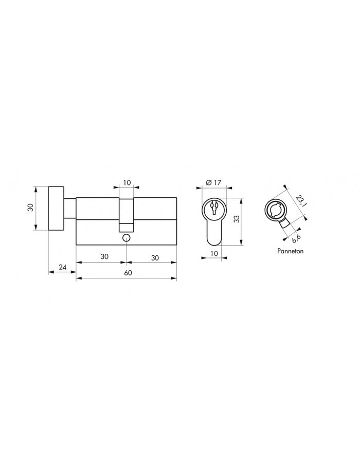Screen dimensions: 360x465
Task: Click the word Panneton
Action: tap(290, 251)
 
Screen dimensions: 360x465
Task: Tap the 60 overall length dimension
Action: tap(128, 273)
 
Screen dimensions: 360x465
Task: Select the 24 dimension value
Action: tap(62, 267)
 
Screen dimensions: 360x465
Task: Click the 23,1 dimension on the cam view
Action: tap(301, 200)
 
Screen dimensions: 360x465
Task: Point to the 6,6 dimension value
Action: tap(296, 238)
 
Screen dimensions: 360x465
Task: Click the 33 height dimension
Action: tap(237, 219)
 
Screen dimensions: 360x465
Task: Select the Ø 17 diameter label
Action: tap(213, 182)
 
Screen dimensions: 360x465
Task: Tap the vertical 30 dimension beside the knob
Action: tap(30, 207)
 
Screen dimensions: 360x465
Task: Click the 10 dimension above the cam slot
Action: tap(127, 182)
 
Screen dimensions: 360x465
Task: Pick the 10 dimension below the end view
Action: tap(213, 253)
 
